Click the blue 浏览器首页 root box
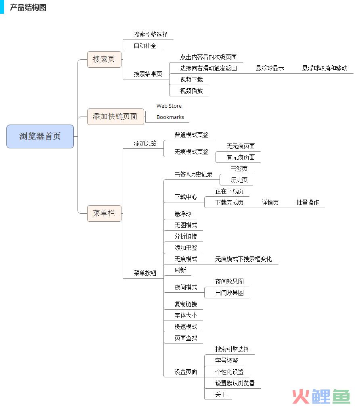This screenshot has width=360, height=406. (40, 136)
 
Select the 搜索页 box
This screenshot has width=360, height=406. (104, 59)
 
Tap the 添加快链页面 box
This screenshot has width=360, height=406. (115, 117)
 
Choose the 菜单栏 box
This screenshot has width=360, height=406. (104, 213)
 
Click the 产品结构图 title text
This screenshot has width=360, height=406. (28, 7)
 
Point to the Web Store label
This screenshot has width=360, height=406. (169, 106)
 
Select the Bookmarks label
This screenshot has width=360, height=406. (170, 117)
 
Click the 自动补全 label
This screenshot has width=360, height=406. (145, 46)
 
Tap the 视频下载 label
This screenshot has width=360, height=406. (192, 79)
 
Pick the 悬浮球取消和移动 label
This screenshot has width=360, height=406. (325, 68)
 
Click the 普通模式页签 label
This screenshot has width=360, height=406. (192, 135)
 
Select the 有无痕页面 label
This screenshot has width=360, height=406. (241, 157)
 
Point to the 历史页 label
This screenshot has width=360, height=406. (239, 180)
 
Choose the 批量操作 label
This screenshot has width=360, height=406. (308, 202)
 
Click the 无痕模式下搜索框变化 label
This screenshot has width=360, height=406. (243, 259)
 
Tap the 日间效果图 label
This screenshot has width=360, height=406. (229, 293)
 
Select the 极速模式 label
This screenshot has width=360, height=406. (186, 327)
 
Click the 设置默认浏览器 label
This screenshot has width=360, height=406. (235, 383)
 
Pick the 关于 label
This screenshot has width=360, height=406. (221, 394)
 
